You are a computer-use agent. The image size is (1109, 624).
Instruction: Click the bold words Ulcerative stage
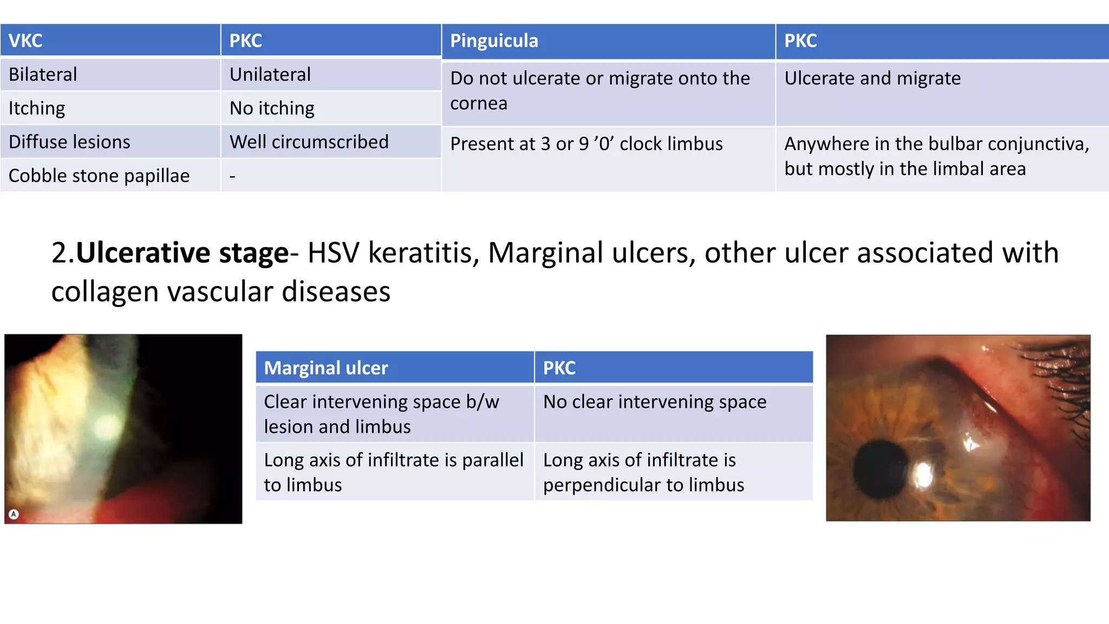click(x=182, y=253)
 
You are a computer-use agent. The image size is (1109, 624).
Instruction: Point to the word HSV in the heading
click(x=333, y=253)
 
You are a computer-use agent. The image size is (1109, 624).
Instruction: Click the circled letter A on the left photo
click(x=14, y=514)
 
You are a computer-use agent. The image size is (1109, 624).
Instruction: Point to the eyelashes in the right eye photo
click(x=1059, y=379)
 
